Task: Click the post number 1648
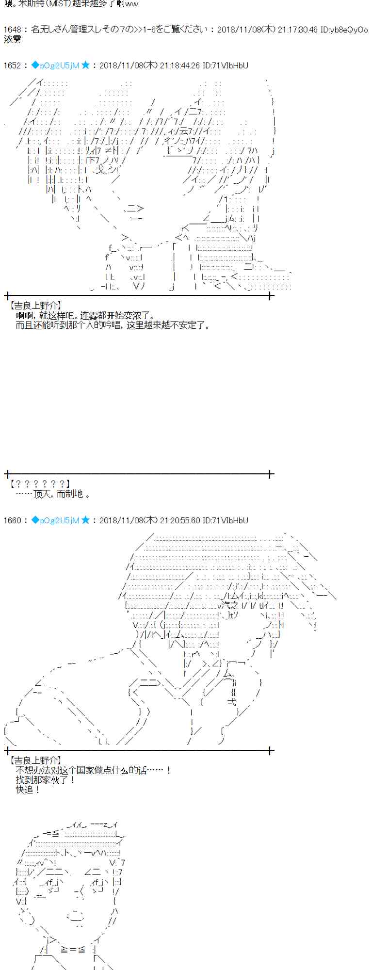pos(12,30)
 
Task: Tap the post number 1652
pos(12,65)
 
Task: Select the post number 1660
pos(12,520)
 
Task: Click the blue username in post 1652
pos(55,65)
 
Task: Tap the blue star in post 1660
pos(86,520)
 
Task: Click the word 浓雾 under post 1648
pos(12,39)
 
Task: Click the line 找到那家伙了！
pos(46,780)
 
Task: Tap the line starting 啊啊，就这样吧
pos(85,315)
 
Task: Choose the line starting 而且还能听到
pos(113,325)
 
